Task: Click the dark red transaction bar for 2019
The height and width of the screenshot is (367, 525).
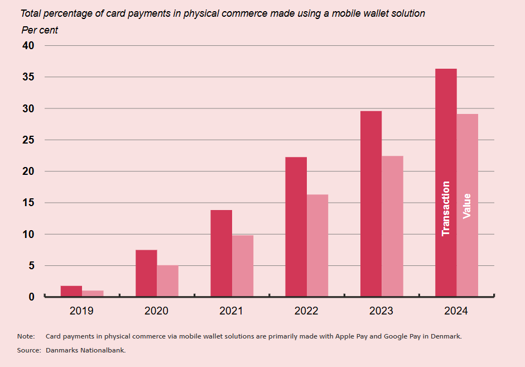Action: click(71, 291)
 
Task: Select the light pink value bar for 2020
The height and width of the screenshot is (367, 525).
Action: click(167, 281)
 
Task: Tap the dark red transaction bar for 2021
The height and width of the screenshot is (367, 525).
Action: click(221, 253)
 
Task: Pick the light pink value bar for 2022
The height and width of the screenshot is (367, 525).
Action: click(317, 245)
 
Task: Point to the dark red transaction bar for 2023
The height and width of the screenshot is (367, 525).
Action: click(371, 203)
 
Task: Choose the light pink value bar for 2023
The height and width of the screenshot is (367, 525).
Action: click(392, 226)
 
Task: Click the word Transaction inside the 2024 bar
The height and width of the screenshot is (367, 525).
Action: click(446, 208)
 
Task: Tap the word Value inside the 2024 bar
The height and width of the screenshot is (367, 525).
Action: click(467, 206)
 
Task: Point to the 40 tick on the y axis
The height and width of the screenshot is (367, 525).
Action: click(28, 45)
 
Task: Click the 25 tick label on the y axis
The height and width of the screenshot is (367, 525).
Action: click(28, 140)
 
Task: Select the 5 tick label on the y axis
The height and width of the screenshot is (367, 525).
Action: click(31, 266)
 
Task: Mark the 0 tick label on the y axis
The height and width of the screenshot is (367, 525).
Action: click(31, 297)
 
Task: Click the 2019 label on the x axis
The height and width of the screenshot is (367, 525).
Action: click(81, 311)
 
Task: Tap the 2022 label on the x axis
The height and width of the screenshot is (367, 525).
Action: click(306, 311)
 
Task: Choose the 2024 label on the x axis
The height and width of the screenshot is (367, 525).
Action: click(456, 311)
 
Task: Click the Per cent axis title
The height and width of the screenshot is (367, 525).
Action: click(40, 30)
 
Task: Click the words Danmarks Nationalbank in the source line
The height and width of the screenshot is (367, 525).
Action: click(85, 350)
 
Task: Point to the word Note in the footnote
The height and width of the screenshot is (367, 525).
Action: click(25, 336)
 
